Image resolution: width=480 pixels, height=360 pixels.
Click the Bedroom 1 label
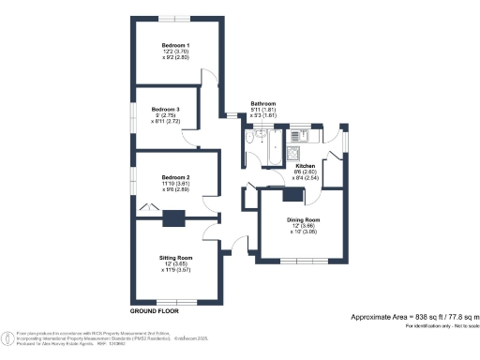pos(175,45)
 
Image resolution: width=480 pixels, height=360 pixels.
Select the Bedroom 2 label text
pos(175,177)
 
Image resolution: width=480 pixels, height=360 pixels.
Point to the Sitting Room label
pos(177,257)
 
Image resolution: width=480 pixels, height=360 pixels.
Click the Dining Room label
pos(303,218)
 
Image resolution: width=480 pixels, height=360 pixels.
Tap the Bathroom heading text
pos(262,103)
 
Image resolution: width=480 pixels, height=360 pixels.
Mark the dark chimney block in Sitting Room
pos(172,219)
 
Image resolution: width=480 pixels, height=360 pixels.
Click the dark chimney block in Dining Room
pos(294,196)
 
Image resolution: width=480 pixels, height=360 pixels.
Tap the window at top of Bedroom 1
pos(176,18)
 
